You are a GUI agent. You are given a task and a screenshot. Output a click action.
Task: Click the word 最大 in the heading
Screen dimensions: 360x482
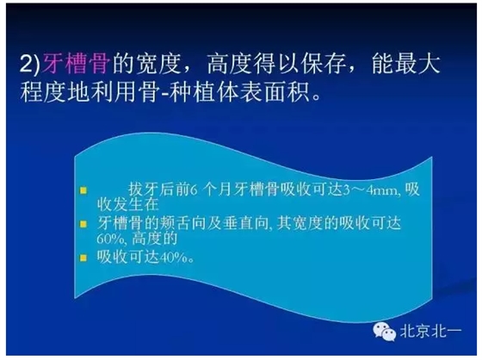[x=435, y=63]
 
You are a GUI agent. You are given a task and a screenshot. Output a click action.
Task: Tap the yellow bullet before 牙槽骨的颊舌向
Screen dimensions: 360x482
[x=83, y=222]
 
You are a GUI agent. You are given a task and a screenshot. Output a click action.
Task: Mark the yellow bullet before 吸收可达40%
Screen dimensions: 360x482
[x=83, y=257]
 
